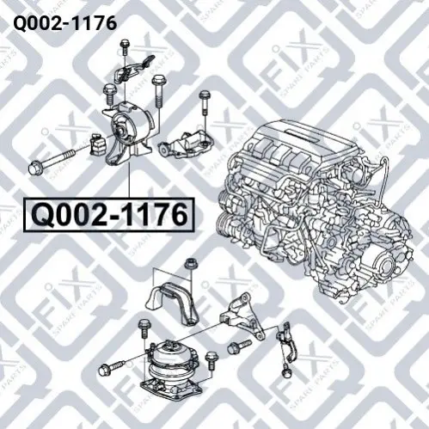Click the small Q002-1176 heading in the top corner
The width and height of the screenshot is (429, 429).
[x=65, y=23]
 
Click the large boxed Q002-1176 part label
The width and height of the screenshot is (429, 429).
[x=109, y=215]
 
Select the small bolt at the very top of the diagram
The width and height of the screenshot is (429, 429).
[x=125, y=47]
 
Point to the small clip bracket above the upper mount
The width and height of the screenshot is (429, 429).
[x=131, y=70]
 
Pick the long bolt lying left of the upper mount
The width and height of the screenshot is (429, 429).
[x=52, y=161]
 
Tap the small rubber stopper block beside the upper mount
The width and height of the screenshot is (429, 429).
[x=98, y=145]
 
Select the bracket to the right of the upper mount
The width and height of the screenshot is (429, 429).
[x=183, y=144]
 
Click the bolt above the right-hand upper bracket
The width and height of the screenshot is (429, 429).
[x=205, y=102]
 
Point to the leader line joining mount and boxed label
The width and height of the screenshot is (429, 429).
[x=129, y=180]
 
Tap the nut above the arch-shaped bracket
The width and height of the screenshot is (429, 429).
[x=190, y=264]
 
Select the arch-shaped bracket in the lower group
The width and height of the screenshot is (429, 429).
[x=173, y=303]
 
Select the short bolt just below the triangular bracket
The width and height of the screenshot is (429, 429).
[x=239, y=346]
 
